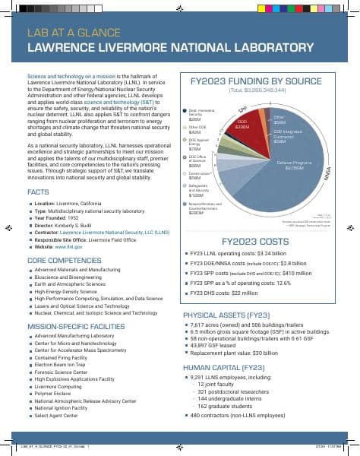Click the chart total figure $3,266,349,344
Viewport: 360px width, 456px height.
click(x=257, y=90)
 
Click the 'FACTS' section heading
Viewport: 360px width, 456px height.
click(x=39, y=192)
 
